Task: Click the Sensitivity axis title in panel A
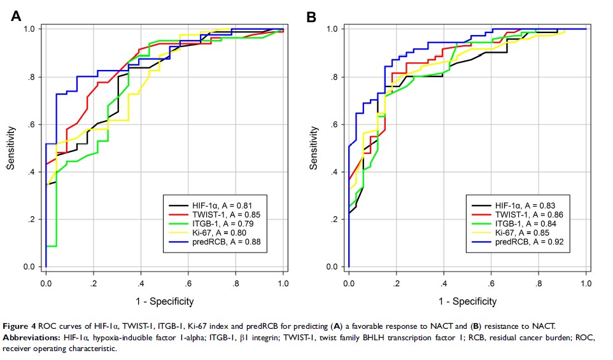click(11, 148)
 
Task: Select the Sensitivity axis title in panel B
click(313, 148)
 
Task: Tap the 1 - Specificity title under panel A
click(164, 301)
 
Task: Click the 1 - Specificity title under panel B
click(467, 301)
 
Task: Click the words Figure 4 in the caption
click(25, 327)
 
